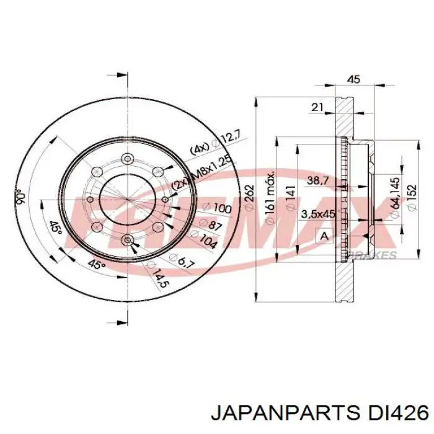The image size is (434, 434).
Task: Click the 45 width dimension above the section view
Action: click(x=354, y=79)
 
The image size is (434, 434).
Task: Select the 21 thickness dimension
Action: click(x=317, y=107)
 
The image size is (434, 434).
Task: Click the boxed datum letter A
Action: click(x=323, y=236)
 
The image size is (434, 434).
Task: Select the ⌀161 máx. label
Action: click(x=270, y=197)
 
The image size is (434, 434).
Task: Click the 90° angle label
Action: click(x=20, y=197)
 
